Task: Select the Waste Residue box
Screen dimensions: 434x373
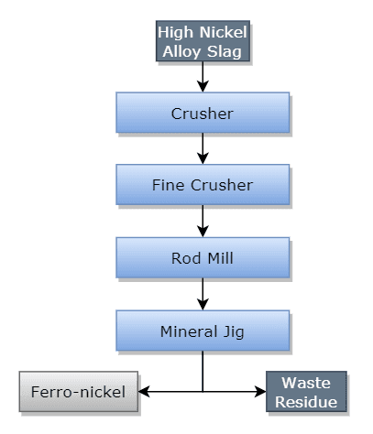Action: pyautogui.click(x=307, y=391)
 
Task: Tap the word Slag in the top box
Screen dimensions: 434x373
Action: pyautogui.click(x=225, y=51)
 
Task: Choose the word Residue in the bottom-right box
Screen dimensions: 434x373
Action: pyautogui.click(x=307, y=401)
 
